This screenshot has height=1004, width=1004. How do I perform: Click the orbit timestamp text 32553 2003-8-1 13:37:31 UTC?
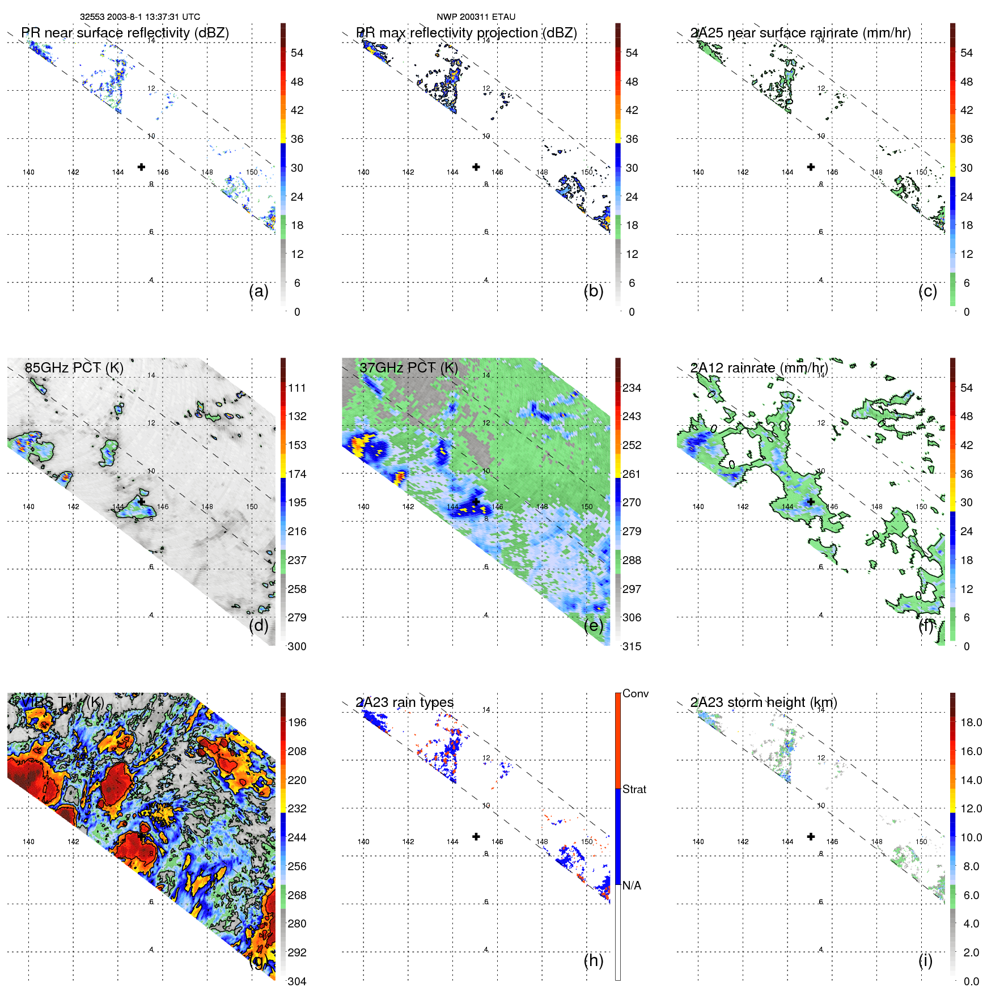click(139, 17)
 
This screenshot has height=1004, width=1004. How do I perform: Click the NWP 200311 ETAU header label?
click(476, 17)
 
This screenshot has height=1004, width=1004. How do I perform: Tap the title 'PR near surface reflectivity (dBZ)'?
click(125, 33)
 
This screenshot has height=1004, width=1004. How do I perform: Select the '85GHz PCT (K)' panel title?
click(74, 368)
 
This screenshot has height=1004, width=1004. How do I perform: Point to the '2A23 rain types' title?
click(404, 702)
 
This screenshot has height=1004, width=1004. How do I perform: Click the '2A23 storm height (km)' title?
click(763, 702)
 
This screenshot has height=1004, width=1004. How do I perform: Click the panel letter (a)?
click(259, 291)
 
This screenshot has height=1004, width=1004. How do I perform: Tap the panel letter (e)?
click(593, 626)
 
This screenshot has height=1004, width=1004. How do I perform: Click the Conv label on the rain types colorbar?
click(636, 693)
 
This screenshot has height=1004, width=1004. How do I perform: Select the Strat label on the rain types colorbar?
click(634, 789)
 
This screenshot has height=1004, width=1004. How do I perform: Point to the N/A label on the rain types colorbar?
click(632, 886)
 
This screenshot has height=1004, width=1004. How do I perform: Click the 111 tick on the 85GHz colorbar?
click(297, 388)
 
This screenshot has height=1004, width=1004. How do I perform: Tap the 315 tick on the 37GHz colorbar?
click(632, 646)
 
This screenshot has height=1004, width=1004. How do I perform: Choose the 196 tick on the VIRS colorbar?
click(297, 722)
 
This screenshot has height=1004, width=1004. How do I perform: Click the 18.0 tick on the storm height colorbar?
click(971, 722)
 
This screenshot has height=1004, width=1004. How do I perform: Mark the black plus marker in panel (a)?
click(141, 167)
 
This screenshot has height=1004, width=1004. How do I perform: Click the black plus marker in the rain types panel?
click(476, 837)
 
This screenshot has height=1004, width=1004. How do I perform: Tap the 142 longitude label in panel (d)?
click(73, 507)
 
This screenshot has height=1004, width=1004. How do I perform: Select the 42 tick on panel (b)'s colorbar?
click(632, 110)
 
